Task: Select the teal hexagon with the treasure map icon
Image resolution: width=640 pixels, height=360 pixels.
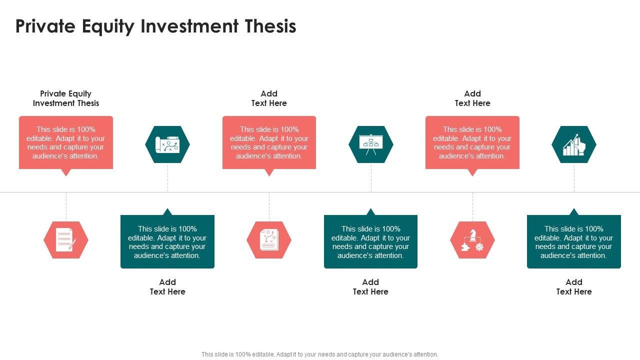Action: click(x=167, y=144)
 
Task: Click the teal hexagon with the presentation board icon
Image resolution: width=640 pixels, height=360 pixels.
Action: click(x=371, y=144)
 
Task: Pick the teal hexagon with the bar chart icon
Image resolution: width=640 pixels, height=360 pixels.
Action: click(x=574, y=144)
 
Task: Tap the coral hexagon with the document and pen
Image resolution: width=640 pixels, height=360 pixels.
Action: click(x=66, y=240)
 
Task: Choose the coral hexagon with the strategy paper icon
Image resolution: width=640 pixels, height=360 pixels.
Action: click(x=269, y=240)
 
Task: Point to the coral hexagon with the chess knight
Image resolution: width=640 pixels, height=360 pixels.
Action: click(x=472, y=240)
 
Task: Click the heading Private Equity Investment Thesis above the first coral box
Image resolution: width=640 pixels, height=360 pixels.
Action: click(x=66, y=98)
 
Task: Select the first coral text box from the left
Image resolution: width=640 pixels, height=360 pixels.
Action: click(x=66, y=142)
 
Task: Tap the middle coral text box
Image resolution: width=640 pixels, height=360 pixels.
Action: click(x=269, y=142)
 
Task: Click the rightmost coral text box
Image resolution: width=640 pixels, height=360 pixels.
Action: click(x=472, y=142)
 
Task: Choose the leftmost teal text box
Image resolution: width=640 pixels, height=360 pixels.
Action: click(x=167, y=242)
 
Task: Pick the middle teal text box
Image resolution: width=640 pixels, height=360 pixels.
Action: click(x=370, y=242)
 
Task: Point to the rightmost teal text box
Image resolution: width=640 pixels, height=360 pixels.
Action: click(x=574, y=242)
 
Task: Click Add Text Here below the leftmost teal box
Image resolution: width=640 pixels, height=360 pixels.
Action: click(x=167, y=287)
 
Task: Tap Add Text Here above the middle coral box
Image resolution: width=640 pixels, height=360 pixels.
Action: click(x=269, y=98)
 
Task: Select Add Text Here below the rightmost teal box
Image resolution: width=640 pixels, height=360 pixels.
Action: click(x=574, y=287)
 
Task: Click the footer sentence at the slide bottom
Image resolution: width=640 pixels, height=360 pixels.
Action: click(x=320, y=354)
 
